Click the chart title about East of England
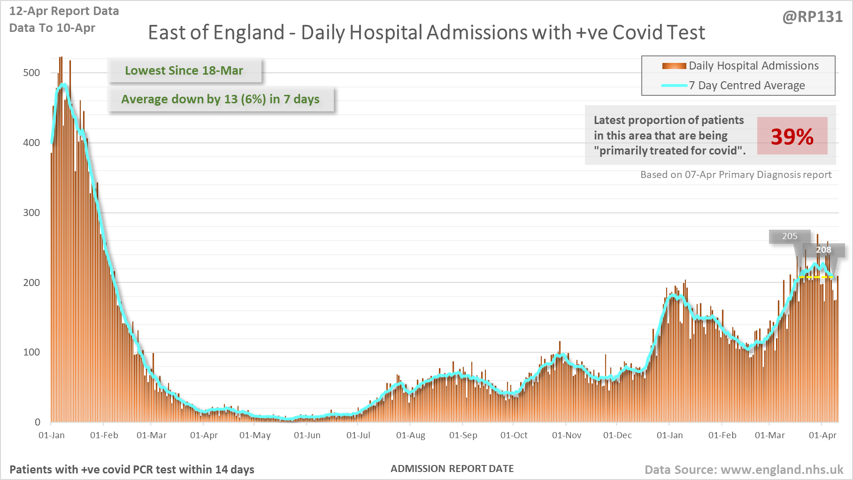pos(426,32)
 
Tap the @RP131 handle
pos(812,17)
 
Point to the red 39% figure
pos(792,136)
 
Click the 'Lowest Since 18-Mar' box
pos(184,70)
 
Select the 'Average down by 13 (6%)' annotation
pos(220,99)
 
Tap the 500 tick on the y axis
pos(31,73)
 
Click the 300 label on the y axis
pos(31,212)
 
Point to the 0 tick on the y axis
pos(38,422)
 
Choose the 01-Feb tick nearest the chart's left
pos(104,435)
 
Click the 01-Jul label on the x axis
pos(358,435)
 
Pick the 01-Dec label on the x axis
pos(617,435)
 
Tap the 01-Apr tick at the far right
pos(822,435)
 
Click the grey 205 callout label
pos(790,236)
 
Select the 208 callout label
pos(823,250)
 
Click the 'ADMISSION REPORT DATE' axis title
pos(452,469)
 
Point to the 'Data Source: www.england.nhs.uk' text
pos(744,470)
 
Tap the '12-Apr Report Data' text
pos(64,11)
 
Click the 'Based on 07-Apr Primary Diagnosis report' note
pos(736,175)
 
